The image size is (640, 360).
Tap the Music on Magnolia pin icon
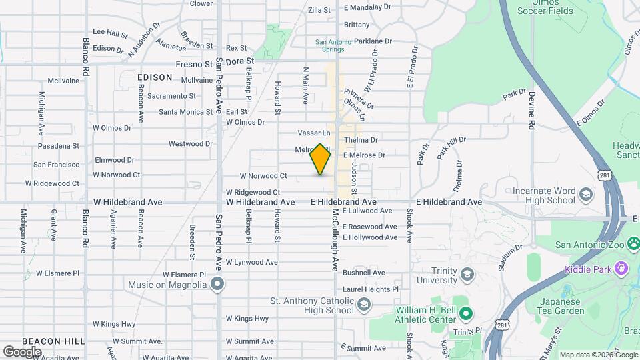(x=217, y=285)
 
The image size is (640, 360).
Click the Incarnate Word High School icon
(x=586, y=195)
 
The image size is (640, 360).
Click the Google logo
(x=22, y=351)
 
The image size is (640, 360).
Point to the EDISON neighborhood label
(x=155, y=77)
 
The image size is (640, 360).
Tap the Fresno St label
(x=194, y=64)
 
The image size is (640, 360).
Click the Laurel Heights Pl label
(x=370, y=289)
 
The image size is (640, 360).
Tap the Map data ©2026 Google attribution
(x=598, y=355)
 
